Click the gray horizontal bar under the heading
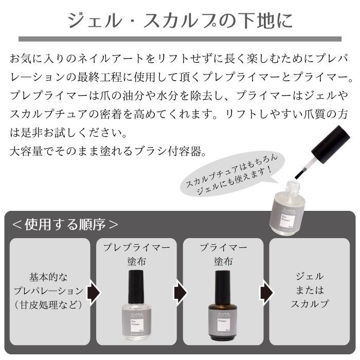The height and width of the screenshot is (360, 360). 180,39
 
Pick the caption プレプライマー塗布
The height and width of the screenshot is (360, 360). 137,254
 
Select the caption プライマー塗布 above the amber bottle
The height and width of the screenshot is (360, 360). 221,254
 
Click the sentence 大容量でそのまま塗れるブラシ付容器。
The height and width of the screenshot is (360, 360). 109,152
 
